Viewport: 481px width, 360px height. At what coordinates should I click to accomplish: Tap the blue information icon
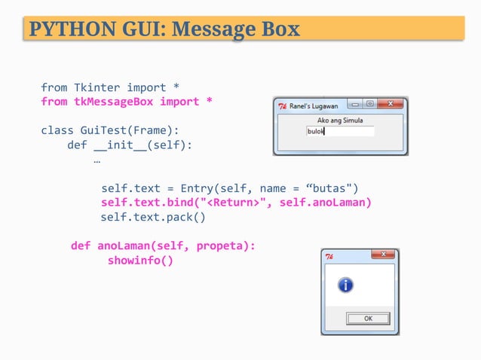345,285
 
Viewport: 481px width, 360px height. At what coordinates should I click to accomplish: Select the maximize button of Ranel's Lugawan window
370,105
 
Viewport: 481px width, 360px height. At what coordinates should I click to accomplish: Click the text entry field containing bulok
340,131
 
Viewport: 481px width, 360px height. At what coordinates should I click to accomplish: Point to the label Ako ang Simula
340,120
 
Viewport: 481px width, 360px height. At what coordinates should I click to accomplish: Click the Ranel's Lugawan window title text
313,106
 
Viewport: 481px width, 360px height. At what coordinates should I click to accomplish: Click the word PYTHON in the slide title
66,29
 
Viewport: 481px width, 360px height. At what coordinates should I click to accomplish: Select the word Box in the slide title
280,29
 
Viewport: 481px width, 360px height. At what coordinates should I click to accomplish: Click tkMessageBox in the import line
114,101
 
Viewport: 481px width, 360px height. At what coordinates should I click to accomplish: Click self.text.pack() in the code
153,217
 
